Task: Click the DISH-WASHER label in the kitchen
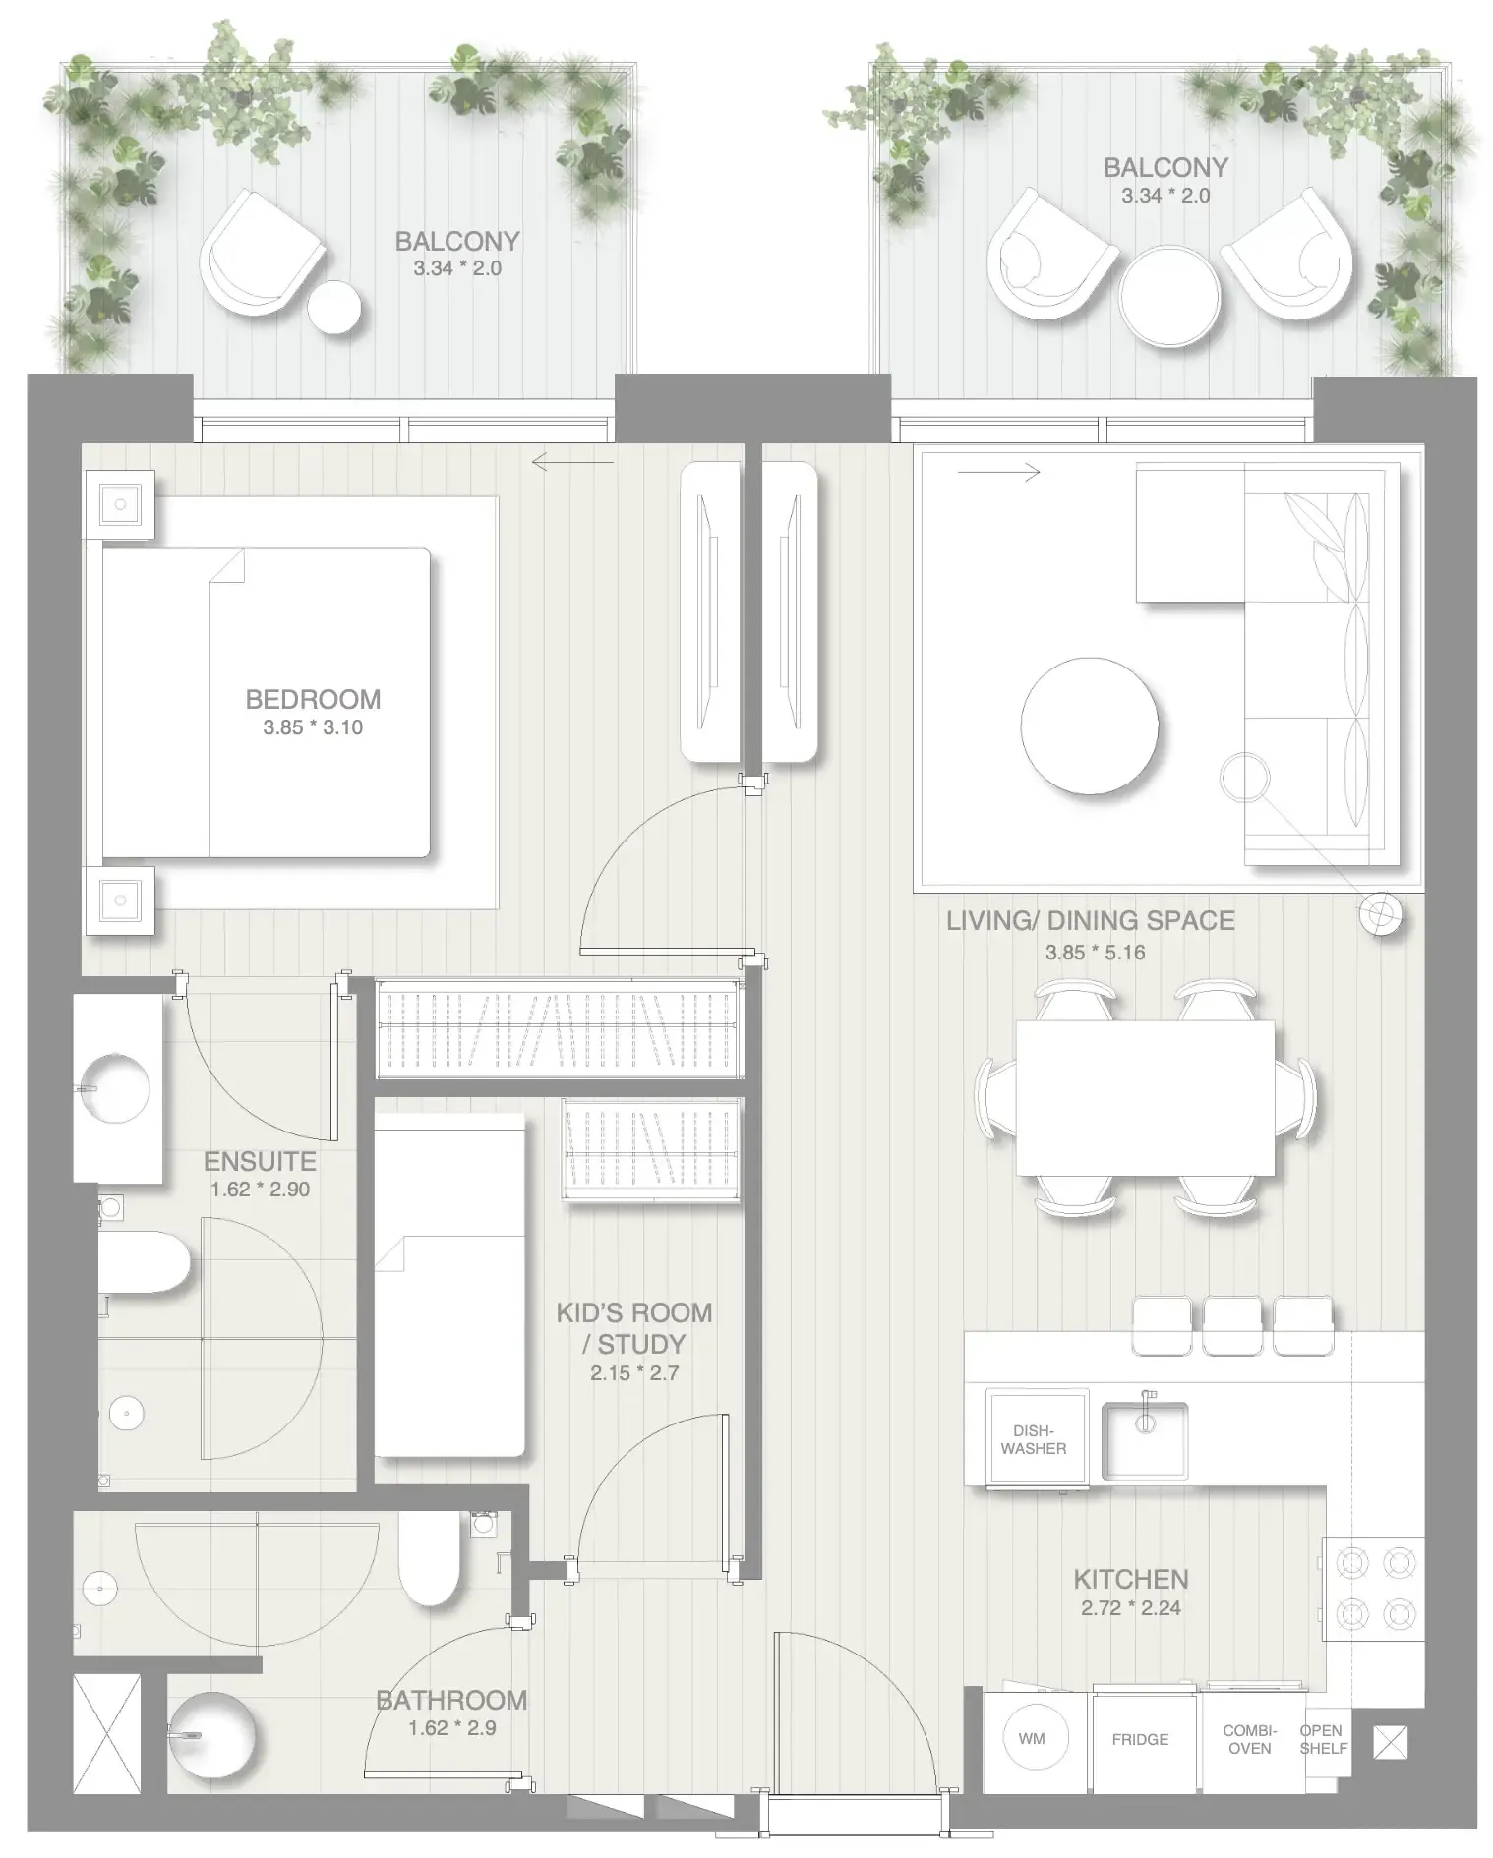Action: [x=1034, y=1439]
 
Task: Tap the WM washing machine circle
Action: [x=1031, y=1738]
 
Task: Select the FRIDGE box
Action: [x=1140, y=1739]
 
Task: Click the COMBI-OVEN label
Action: [x=1249, y=1739]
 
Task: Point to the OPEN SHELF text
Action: [x=1322, y=1738]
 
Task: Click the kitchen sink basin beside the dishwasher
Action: [x=1145, y=1441]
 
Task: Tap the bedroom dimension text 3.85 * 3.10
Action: [x=313, y=727]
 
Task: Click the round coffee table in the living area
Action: [x=1089, y=726]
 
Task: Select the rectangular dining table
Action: [x=1144, y=1097]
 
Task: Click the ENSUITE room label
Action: [x=260, y=1161]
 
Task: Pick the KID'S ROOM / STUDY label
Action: [x=633, y=1328]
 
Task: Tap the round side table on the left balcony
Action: [x=334, y=307]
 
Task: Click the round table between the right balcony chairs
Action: [x=1169, y=294]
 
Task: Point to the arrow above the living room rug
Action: [x=998, y=474]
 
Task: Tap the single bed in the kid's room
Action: [x=449, y=1284]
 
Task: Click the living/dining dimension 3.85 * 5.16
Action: [x=1095, y=952]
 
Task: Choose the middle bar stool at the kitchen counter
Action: [x=1232, y=1324]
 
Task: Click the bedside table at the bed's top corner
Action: [x=120, y=504]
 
